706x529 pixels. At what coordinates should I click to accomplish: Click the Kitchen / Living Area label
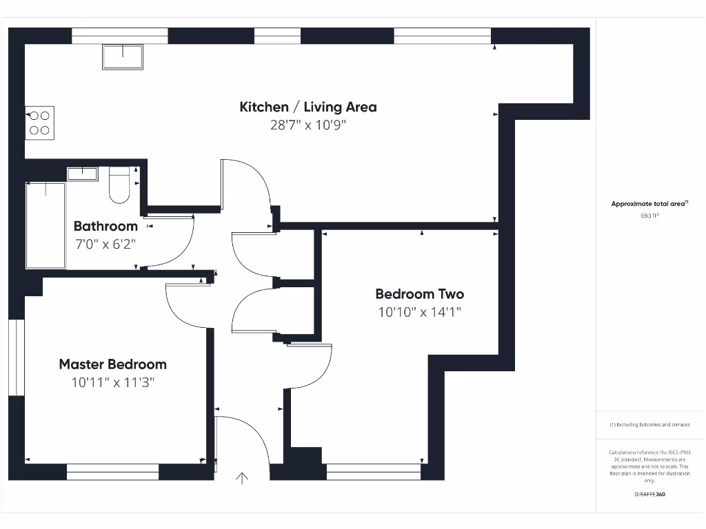coord(308,107)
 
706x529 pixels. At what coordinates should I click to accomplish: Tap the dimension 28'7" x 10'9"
coord(308,125)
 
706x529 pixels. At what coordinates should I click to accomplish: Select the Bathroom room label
coord(105,226)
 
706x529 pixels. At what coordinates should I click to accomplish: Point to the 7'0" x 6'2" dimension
coord(105,244)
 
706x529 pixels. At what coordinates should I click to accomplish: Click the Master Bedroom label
coord(112,364)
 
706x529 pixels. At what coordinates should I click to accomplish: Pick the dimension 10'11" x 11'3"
coord(112,382)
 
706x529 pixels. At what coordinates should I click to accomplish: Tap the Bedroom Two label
coord(419,294)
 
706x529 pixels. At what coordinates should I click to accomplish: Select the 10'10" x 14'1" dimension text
coord(419,312)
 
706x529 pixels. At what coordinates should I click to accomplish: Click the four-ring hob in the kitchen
coord(39,123)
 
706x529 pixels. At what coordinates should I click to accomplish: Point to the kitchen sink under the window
coord(123,57)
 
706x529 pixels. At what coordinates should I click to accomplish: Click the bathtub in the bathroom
coord(46,225)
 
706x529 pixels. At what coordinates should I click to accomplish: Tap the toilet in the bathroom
coord(119,185)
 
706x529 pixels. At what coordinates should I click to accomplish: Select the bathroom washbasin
coord(82,173)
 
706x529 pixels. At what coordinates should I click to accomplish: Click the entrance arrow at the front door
coord(243,478)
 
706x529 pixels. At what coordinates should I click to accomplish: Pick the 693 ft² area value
coord(649,216)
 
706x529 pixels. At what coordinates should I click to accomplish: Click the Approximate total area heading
coord(649,204)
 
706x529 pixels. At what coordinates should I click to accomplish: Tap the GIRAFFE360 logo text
coord(649,494)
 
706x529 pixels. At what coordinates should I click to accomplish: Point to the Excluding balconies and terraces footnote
coord(649,425)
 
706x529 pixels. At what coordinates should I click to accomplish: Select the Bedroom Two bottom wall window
coord(373,472)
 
